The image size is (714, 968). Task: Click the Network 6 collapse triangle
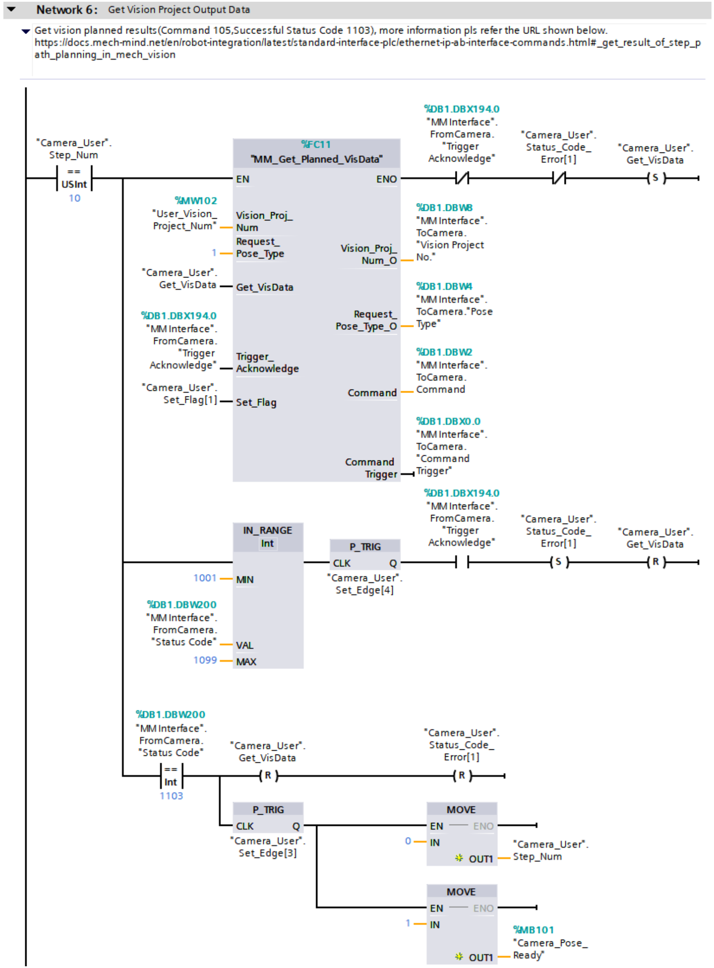point(11,9)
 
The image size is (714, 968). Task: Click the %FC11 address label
point(316,144)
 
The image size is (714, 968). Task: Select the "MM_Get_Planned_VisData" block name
point(316,159)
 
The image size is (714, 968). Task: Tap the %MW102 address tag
point(196,200)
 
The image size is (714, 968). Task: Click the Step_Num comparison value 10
point(75,198)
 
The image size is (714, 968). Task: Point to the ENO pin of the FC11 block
point(386,179)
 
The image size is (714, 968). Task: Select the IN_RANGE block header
point(268,536)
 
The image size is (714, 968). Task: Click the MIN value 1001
point(205,578)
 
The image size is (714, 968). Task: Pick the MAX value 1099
point(205,660)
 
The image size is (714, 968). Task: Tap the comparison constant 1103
point(171,796)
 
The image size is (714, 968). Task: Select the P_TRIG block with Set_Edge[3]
point(268,817)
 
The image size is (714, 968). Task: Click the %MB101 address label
point(533,930)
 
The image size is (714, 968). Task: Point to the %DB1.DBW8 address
point(444,207)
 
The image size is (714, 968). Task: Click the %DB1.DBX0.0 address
point(448,421)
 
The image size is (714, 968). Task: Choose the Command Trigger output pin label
point(371,468)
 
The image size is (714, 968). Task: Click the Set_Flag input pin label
point(256,402)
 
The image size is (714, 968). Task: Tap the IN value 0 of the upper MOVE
point(408,841)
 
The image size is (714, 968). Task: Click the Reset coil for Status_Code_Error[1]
point(462,776)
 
